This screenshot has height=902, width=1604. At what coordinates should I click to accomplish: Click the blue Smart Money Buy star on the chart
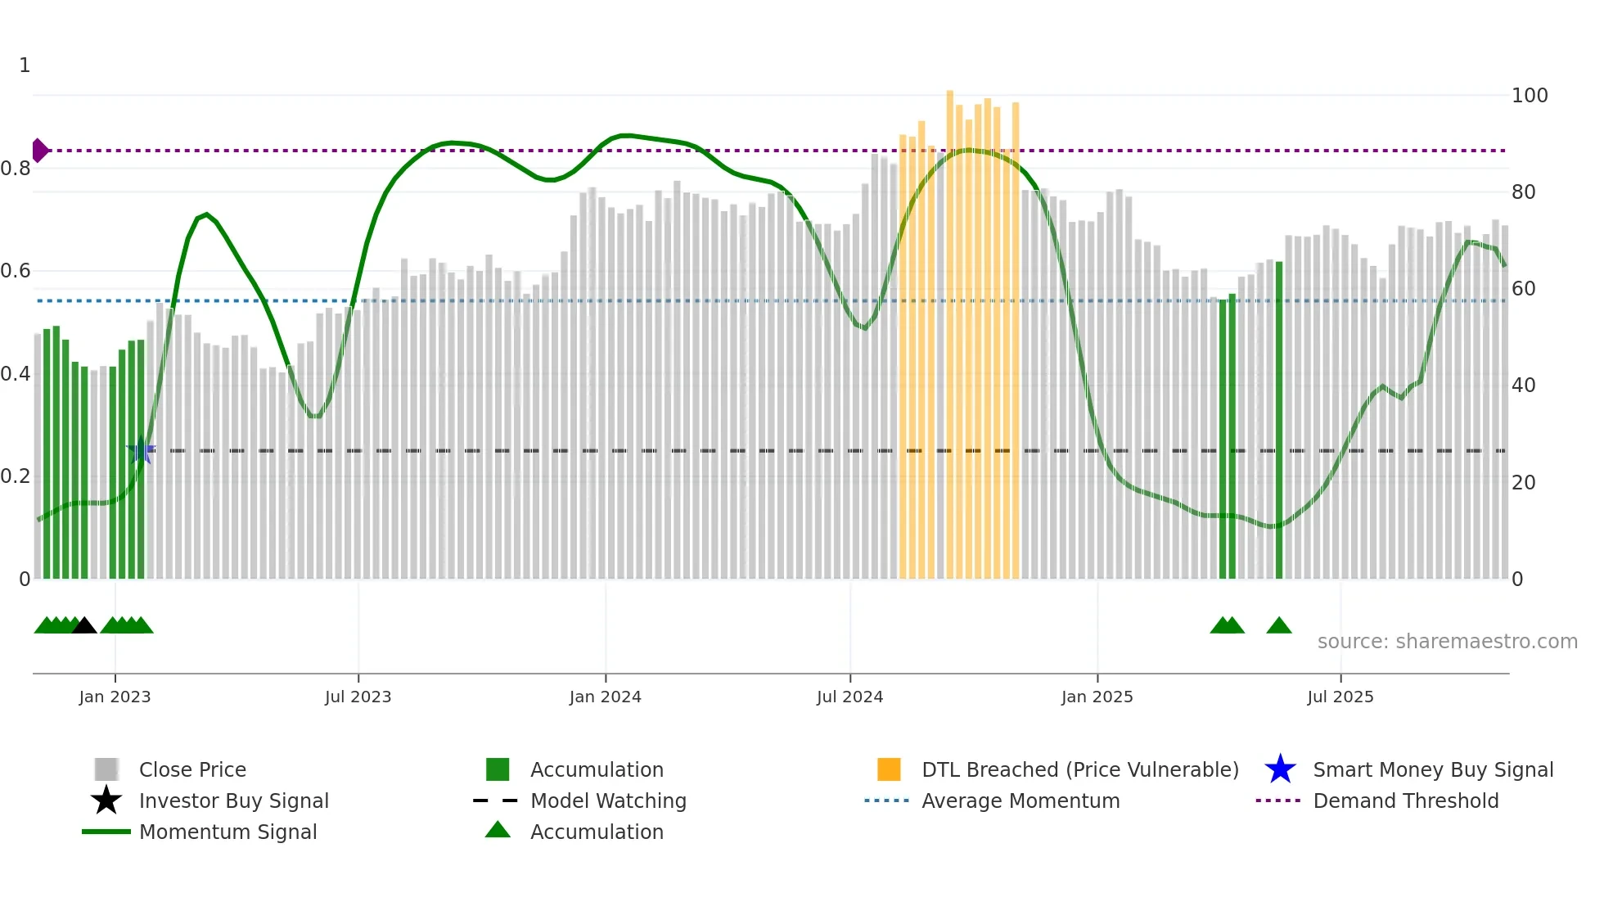coord(141,450)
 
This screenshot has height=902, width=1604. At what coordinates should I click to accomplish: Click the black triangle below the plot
coord(84,626)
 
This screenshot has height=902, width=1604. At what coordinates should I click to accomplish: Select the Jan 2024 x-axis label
coord(605,697)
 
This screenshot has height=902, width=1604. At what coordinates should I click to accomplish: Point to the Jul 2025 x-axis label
coord(1340,697)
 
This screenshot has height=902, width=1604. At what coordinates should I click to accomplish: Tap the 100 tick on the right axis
coord(1529,96)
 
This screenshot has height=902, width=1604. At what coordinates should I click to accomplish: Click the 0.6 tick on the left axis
coord(16,271)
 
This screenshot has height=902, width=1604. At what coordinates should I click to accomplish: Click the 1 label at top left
coord(25,65)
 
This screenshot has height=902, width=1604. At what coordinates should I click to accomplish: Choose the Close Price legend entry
coord(191,769)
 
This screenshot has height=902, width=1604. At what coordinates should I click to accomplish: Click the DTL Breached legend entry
coord(1079,769)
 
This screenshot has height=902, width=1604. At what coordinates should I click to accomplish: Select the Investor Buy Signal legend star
coord(106,801)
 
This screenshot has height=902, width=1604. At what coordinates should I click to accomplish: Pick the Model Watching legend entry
coord(607,801)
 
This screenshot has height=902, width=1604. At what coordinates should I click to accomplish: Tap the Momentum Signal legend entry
coord(227,832)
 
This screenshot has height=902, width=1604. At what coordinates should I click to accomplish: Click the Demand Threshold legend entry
coord(1405,801)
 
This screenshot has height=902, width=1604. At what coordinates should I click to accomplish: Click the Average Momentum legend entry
coord(1020,801)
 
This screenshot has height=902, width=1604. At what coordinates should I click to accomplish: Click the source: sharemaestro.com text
coord(1447,642)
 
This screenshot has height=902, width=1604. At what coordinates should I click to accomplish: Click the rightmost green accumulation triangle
coord(1278,626)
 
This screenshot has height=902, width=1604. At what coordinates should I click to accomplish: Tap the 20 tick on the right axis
coord(1523,483)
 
